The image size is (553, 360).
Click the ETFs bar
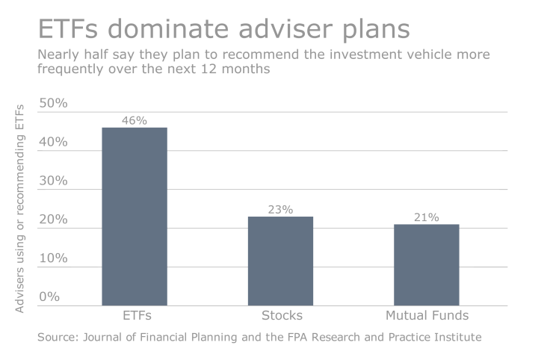[x=135, y=217]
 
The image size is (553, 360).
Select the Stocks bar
[x=280, y=261]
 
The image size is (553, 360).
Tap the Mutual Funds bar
[x=427, y=264]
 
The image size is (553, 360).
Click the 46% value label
[x=135, y=120]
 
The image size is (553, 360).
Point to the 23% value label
[x=280, y=209]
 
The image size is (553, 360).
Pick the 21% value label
[x=427, y=217]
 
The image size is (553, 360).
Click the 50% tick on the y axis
[x=53, y=103]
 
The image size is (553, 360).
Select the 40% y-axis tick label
[x=53, y=142]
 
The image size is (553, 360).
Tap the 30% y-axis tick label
[x=53, y=181]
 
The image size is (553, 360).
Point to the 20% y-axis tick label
[x=53, y=220]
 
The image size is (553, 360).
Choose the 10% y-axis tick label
[x=53, y=258]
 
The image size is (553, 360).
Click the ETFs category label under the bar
[x=135, y=315]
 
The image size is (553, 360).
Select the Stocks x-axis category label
[x=280, y=315]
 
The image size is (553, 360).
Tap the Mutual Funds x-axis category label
[x=427, y=315]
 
